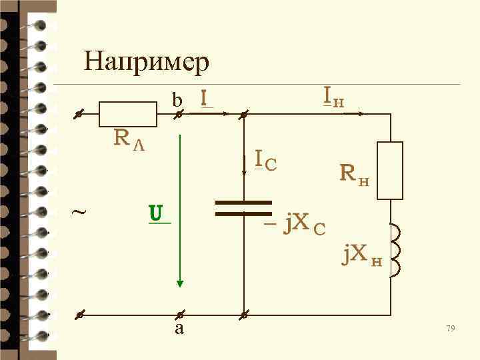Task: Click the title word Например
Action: coord(147,63)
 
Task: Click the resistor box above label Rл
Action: coord(127,115)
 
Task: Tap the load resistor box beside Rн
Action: coord(390,170)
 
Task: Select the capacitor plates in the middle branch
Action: coord(244,208)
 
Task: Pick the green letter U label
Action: coord(157,213)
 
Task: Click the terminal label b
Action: coord(177,101)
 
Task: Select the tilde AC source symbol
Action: coord(78,213)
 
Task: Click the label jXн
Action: coord(361,254)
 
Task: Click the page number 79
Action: coord(450,328)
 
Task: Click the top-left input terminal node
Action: coord(78,115)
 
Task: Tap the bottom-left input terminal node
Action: coord(78,313)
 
